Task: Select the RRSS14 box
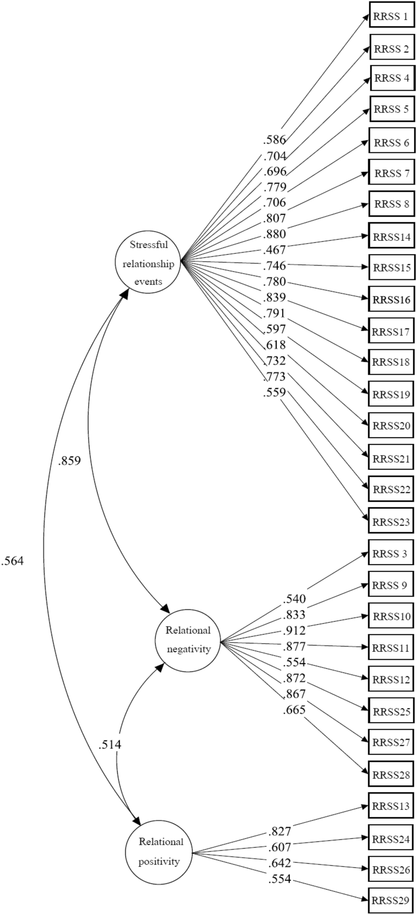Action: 392,235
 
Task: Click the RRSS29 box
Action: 391,900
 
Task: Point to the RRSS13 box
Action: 391,806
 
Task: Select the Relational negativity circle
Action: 188,641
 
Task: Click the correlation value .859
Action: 69,461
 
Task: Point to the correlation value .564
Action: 12,561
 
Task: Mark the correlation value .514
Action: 110,744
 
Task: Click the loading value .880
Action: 274,234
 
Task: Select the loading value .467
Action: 274,250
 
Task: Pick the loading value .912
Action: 294,631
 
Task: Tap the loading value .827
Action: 279,831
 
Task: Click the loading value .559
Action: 274,392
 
